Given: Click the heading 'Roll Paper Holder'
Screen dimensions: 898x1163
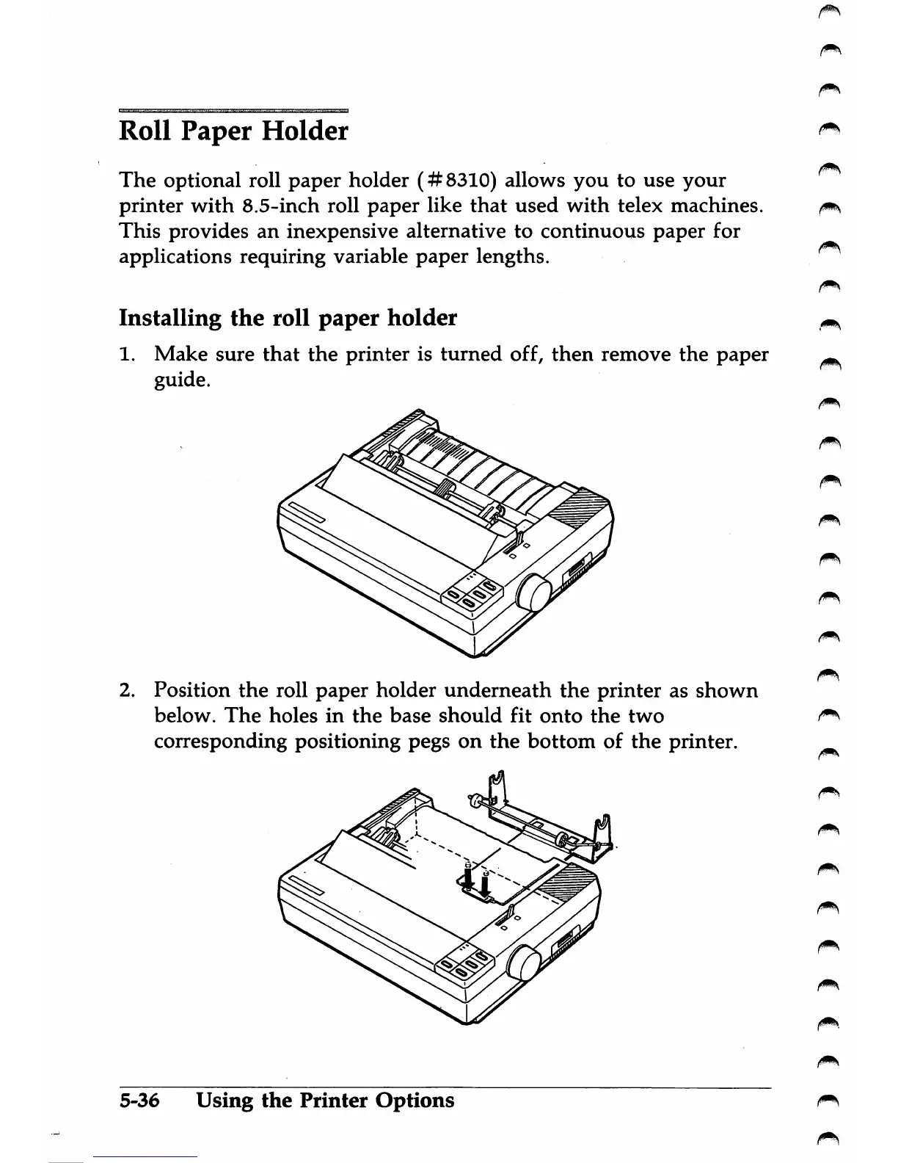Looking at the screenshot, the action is pos(233,132).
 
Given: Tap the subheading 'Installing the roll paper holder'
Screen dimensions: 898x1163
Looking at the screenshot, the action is pos(288,319).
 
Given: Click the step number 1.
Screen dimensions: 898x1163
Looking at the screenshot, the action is pos(125,355).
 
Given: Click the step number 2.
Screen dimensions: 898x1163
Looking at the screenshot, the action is pos(126,691).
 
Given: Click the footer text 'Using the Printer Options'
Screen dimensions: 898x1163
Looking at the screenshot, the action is pos(325,1101).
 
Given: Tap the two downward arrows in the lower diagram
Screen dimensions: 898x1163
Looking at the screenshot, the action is pos(477,877).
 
